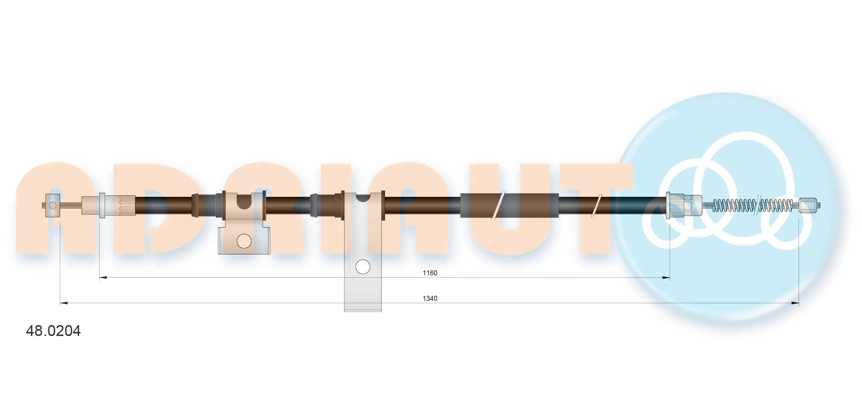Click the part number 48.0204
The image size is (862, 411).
click(x=53, y=331)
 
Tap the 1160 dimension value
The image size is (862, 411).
click(x=430, y=273)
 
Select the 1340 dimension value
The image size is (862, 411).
click(x=430, y=298)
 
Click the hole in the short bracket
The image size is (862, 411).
click(x=244, y=241)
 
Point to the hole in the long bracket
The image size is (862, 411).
click(x=363, y=267)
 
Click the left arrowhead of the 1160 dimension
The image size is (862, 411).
click(x=103, y=278)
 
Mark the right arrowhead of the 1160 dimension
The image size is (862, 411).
click(x=666, y=278)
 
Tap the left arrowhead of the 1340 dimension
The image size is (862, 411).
click(x=64, y=303)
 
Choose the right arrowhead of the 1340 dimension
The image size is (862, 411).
click(x=795, y=303)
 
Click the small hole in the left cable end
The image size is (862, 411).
click(x=53, y=205)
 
